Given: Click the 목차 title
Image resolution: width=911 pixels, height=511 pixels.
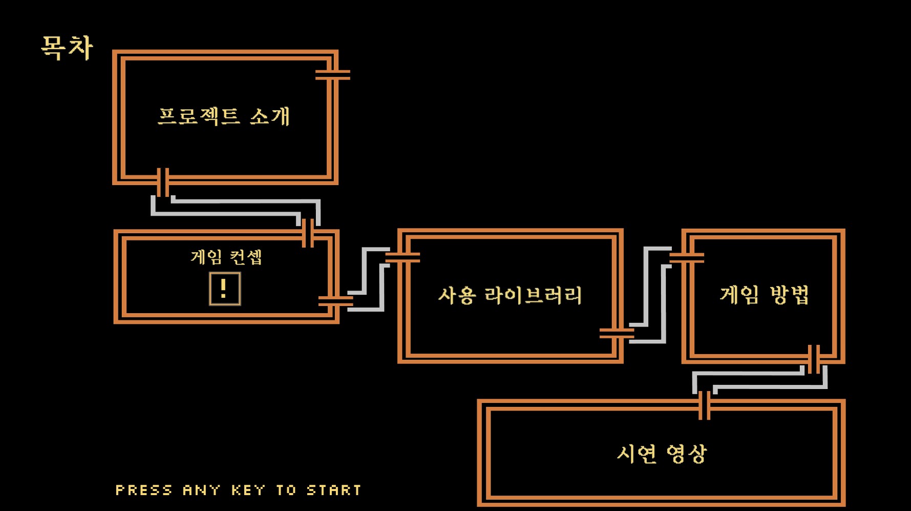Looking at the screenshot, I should (x=67, y=48).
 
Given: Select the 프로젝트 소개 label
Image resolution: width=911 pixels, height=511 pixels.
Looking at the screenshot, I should (x=224, y=116).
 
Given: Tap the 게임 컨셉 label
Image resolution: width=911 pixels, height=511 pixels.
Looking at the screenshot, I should (x=226, y=256).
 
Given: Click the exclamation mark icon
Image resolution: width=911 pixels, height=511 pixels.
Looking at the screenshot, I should (x=224, y=289).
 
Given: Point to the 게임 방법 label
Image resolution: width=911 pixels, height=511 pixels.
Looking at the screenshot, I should (x=764, y=295).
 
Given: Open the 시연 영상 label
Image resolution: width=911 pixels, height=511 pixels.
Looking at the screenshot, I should (x=661, y=454).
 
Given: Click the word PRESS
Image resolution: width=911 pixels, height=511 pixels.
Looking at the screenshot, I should (x=144, y=490).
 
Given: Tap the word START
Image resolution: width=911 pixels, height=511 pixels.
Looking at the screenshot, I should (x=334, y=490).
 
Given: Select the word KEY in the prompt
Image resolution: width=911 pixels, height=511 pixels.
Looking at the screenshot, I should (x=248, y=490).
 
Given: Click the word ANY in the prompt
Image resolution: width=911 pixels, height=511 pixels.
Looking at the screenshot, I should (x=201, y=490).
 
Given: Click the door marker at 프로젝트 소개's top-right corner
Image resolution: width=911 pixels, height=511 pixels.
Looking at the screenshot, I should (x=333, y=75).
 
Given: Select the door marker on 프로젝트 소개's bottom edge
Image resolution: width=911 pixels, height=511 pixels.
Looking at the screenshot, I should (x=163, y=182).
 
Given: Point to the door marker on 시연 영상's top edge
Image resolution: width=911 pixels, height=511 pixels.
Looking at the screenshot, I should (x=705, y=405).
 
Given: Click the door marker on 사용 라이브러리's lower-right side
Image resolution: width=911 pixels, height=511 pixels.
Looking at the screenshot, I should (x=617, y=334).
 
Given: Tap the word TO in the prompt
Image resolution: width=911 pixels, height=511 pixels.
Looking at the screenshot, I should (x=286, y=490).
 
